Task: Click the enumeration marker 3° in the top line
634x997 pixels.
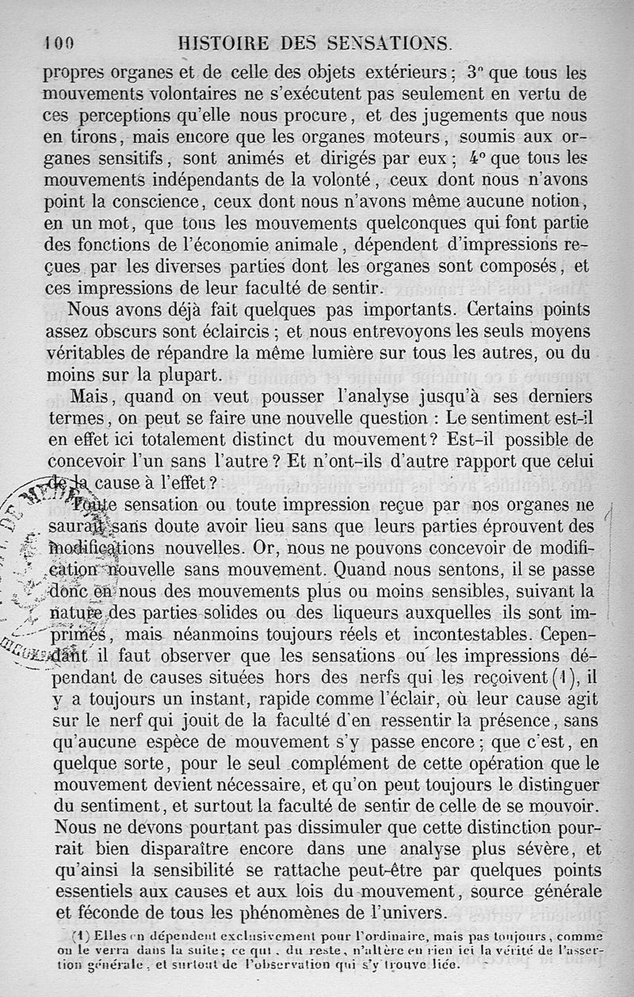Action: pos(475,72)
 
